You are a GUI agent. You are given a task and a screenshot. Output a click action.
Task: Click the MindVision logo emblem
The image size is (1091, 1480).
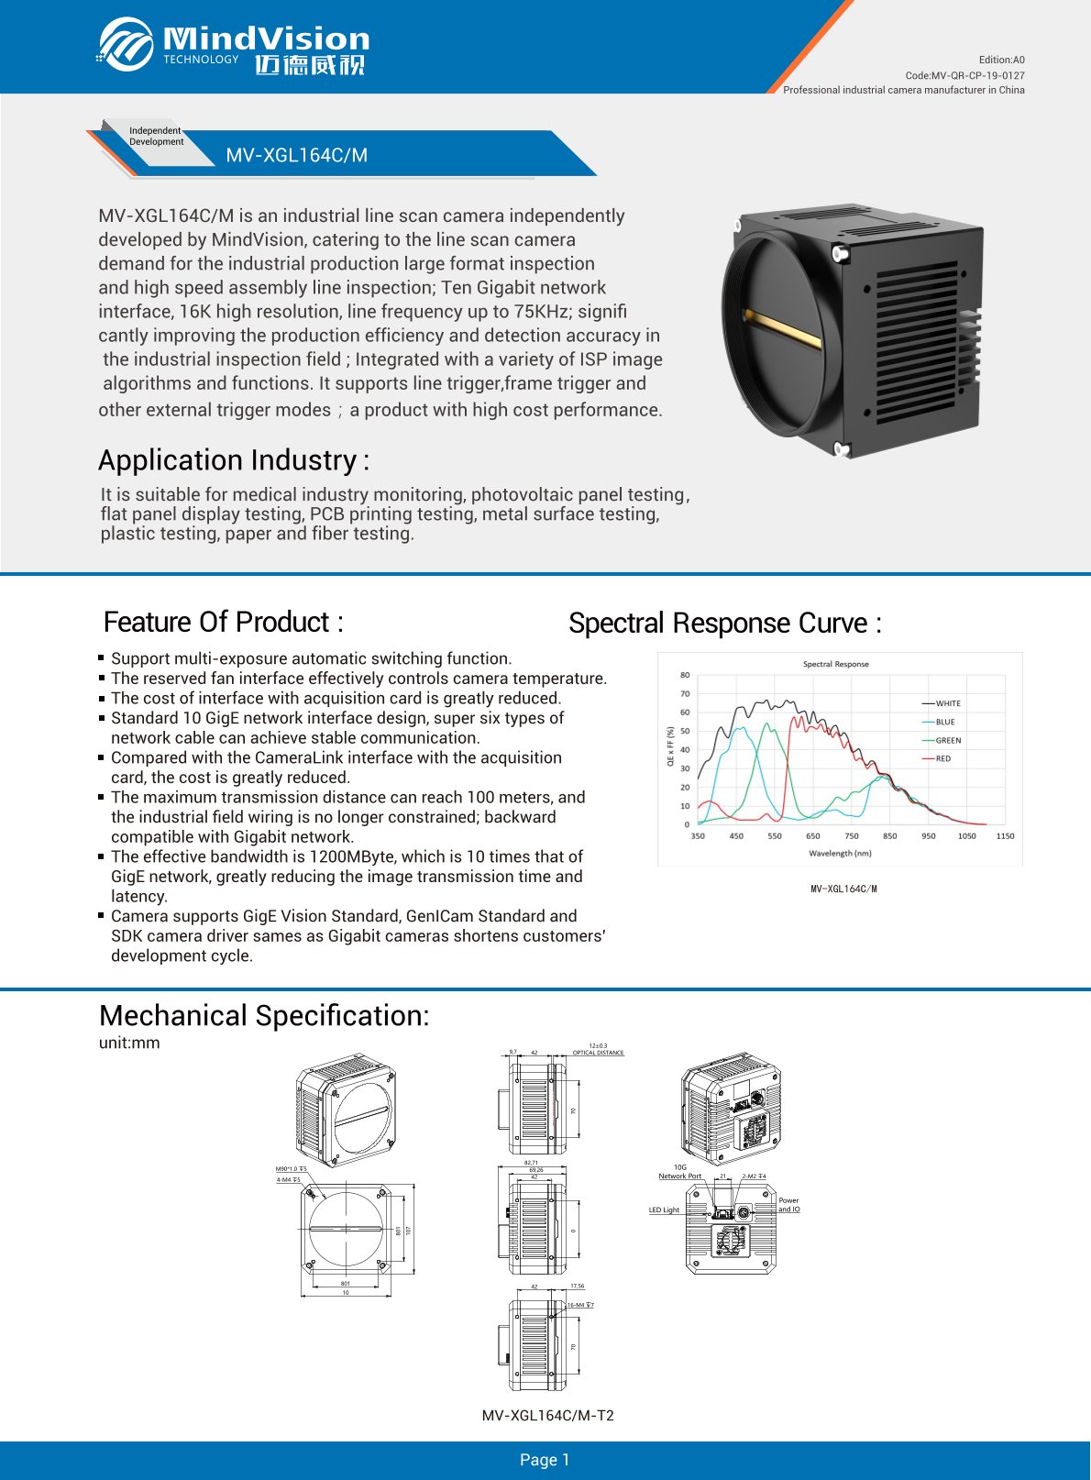[126, 44]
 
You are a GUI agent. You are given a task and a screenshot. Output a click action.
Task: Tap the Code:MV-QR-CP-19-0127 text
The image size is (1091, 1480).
[964, 75]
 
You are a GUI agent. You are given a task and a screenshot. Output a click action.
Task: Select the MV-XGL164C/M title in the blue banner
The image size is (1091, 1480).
[296, 155]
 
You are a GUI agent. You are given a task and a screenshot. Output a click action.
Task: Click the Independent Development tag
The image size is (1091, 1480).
[156, 137]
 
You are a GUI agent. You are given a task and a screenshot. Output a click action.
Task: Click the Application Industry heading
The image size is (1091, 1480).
[233, 459]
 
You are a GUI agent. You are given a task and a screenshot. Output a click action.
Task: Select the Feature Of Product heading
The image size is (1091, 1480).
[223, 622]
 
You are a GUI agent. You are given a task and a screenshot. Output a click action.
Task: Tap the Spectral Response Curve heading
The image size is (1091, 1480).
[724, 623]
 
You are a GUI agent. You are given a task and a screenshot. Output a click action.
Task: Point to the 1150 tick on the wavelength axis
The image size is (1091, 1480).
[1005, 836]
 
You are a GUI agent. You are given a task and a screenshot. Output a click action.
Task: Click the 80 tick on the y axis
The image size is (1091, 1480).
[685, 675]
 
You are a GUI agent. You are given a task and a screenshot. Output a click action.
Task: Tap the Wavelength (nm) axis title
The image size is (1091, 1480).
[840, 853]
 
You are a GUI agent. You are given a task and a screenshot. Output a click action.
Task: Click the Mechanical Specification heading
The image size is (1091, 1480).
[263, 1015]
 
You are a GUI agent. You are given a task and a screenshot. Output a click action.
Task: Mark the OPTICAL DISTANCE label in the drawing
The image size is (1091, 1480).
[598, 1053]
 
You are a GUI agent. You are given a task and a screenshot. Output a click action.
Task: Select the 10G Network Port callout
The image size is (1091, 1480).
[679, 1172]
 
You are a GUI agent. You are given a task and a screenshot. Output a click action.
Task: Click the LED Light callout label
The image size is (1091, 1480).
[664, 1210]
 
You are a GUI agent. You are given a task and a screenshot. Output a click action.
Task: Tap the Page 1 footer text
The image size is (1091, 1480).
[545, 1460]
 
